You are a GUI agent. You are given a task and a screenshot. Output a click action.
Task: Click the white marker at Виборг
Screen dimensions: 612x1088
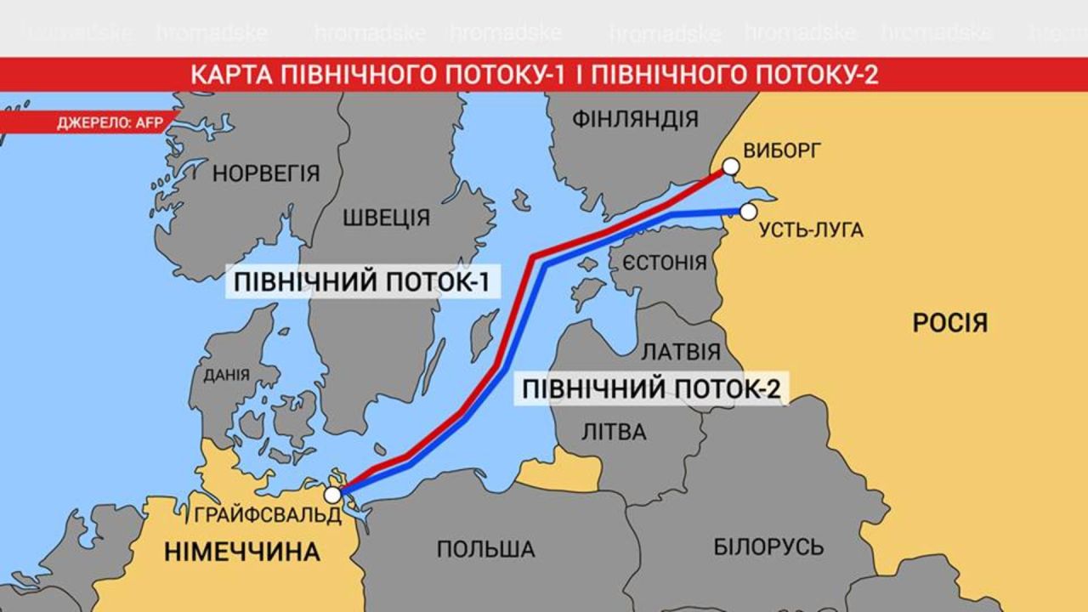pos(729,167)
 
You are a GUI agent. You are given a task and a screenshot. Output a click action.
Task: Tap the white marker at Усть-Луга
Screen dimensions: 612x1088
pos(748,211)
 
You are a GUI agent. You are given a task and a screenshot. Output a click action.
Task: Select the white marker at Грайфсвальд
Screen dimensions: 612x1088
pos(333,494)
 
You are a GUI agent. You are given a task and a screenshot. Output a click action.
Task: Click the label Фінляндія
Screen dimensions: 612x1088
pos(635,119)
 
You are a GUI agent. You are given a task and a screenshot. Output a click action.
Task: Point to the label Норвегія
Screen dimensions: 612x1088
pos(266,174)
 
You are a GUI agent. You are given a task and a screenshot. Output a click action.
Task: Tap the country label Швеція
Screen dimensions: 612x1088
pos(386,218)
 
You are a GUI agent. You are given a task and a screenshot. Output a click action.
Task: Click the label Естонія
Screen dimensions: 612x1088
pos(665,262)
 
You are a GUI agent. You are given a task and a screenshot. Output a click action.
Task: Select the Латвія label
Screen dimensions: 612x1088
pos(680,352)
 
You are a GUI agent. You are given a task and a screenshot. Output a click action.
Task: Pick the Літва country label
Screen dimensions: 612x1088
pos(614,432)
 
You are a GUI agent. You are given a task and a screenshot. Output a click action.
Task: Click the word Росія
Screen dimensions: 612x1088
pos(949,323)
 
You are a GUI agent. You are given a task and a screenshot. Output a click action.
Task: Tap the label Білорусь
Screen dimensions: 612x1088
pos(768,547)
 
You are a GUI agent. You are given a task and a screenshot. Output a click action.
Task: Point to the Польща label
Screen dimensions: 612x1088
pos(485,549)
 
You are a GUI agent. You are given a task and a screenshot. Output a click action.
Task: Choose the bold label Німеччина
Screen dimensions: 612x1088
pos(242,552)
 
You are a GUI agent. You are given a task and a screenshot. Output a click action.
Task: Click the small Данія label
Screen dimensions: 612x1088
pos(226,375)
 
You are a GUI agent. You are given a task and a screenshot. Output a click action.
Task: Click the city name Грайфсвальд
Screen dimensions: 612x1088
pos(267,515)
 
